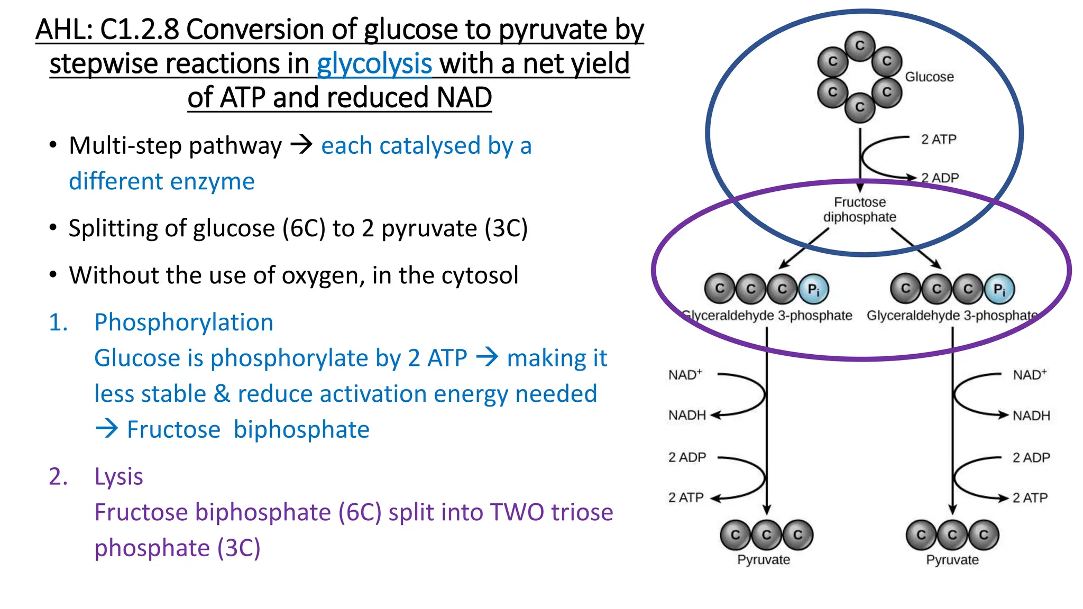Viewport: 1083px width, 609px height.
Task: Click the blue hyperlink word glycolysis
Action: pos(374,64)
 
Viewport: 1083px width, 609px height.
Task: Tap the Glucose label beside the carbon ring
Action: pos(929,77)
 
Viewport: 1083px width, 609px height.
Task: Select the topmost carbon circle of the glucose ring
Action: pos(860,45)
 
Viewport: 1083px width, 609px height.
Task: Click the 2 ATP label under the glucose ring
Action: pos(939,140)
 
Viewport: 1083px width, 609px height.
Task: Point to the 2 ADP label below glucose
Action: pos(940,178)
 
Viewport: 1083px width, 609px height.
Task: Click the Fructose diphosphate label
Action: pos(860,210)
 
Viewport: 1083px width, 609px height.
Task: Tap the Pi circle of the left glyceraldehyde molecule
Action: pos(813,289)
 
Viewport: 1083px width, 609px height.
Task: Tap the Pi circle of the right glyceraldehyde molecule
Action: pos(999,289)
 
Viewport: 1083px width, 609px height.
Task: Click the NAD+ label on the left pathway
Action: pos(685,375)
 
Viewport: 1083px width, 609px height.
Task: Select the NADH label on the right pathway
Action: pos(1031,416)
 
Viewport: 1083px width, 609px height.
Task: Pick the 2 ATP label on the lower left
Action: pos(686,497)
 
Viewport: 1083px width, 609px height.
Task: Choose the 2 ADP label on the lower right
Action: pos(1031,457)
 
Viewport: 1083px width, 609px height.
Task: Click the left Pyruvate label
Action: pos(764,560)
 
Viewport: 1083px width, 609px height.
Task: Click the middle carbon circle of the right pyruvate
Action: pos(952,535)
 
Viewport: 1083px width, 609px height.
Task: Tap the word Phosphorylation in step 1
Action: pos(183,322)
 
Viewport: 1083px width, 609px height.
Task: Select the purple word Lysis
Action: pos(118,476)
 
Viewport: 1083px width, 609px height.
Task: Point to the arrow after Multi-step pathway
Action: pos(302,145)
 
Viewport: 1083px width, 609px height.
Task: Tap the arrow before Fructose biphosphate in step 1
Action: pos(107,429)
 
